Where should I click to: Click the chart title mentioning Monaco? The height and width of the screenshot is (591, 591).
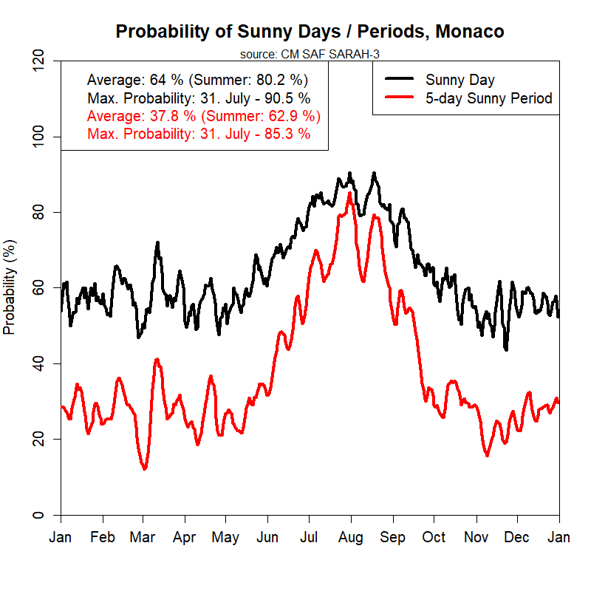click(310, 32)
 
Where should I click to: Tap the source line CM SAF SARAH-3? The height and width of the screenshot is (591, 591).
click(310, 54)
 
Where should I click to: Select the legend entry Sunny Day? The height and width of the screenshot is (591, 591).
click(460, 80)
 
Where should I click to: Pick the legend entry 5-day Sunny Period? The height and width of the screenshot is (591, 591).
click(488, 98)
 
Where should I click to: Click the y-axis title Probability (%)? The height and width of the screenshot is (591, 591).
click(10, 287)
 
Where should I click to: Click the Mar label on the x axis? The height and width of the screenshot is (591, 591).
click(143, 537)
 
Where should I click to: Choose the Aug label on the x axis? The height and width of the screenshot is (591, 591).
click(351, 537)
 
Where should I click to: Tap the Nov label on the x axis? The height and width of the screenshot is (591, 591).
click(476, 537)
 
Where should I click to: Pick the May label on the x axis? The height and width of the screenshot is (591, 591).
click(226, 537)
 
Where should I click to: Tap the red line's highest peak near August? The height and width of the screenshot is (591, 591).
click(349, 194)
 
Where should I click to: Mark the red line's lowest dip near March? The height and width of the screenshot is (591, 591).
click(145, 468)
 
